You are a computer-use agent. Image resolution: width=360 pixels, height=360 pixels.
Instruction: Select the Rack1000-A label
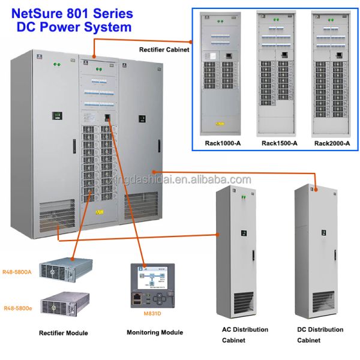click(x=223, y=143)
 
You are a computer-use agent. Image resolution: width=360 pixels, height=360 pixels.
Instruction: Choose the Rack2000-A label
click(x=332, y=143)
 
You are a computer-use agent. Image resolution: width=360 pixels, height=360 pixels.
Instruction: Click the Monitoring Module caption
click(x=155, y=332)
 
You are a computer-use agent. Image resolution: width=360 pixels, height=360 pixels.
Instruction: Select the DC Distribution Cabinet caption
click(x=320, y=335)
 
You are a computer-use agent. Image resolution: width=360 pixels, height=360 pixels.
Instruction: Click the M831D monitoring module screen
click(x=155, y=278)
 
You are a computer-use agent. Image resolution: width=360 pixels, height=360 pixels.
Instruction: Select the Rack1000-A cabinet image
click(x=223, y=74)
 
